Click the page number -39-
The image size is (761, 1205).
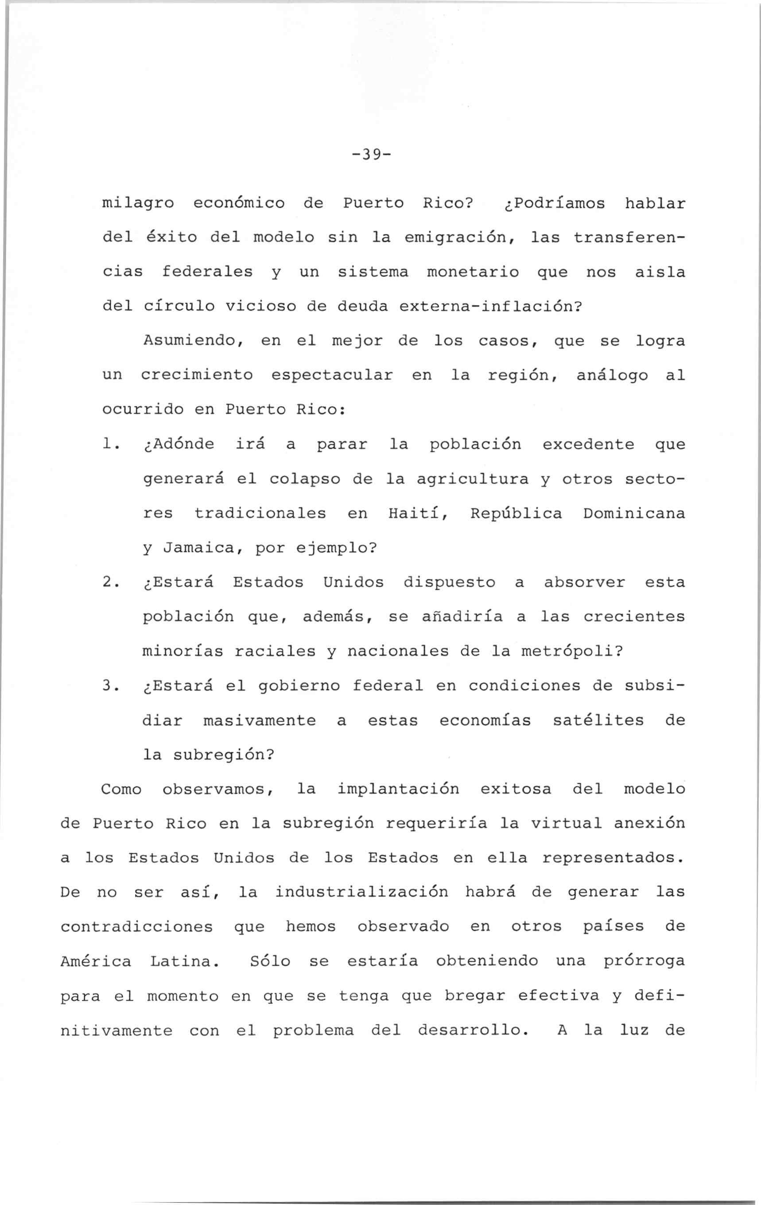click(x=371, y=155)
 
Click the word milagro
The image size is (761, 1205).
click(x=138, y=204)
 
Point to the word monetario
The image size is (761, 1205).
click(x=473, y=272)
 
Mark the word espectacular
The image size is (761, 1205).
click(x=332, y=375)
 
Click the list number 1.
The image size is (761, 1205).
click(x=109, y=444)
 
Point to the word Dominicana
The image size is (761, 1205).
click(x=634, y=513)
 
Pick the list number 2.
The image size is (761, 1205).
click(x=109, y=583)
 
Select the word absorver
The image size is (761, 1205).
click(x=584, y=583)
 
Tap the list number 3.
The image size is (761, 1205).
click(x=109, y=686)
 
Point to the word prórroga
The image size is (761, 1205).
click(x=644, y=961)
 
